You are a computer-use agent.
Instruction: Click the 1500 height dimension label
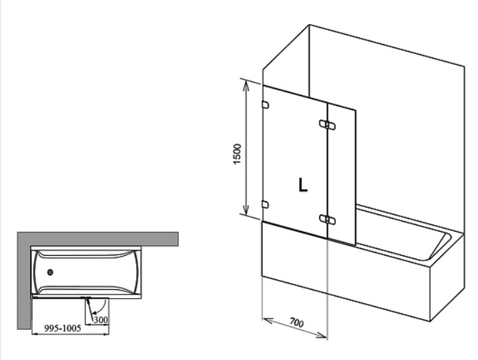pos(237,154)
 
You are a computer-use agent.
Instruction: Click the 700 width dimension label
pos(296,322)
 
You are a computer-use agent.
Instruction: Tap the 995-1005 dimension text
pos(63,328)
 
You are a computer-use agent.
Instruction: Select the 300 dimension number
pos(101,320)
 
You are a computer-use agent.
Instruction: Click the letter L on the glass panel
pos(302,184)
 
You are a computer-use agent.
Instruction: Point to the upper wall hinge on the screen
pos(265,105)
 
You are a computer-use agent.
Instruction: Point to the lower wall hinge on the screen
pos(265,204)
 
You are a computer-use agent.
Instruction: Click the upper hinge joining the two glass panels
pos(327,125)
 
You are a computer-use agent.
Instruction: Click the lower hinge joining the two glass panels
pos(327,219)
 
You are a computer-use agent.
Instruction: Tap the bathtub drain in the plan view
pos(50,272)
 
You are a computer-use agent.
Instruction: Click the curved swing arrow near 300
pos(102,308)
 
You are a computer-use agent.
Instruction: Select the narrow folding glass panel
pos(341,174)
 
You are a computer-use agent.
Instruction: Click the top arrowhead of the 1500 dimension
pos(246,85)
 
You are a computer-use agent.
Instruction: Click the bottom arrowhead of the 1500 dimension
pos(246,210)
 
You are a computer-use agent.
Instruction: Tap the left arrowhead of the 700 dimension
pos(267,321)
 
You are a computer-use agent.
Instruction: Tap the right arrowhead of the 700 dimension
pos(322,335)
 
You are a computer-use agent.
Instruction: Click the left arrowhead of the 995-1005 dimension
pos(35,334)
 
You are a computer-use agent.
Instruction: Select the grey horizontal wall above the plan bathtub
pos(97,239)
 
